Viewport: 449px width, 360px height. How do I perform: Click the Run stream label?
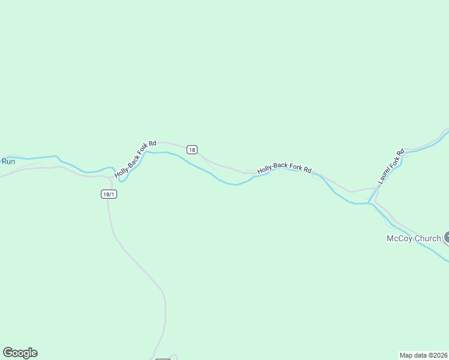tap(8, 161)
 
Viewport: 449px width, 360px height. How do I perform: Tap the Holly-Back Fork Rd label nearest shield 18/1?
tap(136, 159)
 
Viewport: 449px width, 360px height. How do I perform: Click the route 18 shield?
tap(191, 149)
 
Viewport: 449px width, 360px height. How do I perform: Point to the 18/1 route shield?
tap(109, 194)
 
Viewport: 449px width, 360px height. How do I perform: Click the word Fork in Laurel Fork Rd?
tap(394, 158)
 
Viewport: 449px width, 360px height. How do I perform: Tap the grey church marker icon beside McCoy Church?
tap(446, 238)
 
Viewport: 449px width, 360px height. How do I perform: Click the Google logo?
tap(20, 353)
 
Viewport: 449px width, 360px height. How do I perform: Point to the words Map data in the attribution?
tap(412, 355)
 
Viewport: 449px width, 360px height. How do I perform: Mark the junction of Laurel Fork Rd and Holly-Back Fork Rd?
tap(376, 187)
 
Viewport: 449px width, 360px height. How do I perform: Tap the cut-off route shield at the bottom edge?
tap(163, 359)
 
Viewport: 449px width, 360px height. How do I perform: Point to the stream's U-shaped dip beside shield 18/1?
tap(122, 179)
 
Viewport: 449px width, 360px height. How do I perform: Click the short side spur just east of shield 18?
tap(210, 166)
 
